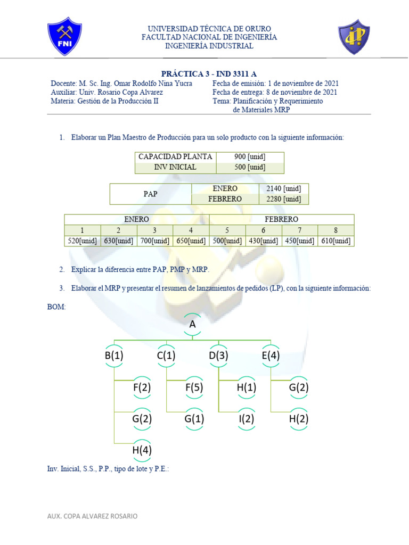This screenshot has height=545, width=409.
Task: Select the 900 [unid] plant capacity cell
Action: (250, 156)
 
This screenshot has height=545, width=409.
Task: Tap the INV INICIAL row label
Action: (175, 167)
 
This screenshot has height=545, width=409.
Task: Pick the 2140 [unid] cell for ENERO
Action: (283, 189)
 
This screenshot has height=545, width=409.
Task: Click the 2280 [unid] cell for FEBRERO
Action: (283, 199)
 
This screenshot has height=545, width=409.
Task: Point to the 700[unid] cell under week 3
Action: (154, 241)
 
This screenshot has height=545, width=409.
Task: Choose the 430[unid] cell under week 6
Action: (263, 241)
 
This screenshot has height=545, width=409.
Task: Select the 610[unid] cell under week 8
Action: (336, 241)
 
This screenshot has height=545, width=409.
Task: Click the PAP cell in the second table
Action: (151, 194)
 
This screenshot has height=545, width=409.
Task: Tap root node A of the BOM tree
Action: (192, 324)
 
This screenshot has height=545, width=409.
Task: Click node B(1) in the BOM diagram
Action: (114, 356)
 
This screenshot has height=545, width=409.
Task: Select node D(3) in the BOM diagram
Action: (218, 356)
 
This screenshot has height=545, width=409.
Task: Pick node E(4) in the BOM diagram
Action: (271, 356)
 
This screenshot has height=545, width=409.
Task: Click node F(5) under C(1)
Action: (194, 387)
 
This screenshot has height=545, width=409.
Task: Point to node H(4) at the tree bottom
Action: (142, 450)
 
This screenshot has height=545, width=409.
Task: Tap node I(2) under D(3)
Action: (247, 419)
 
